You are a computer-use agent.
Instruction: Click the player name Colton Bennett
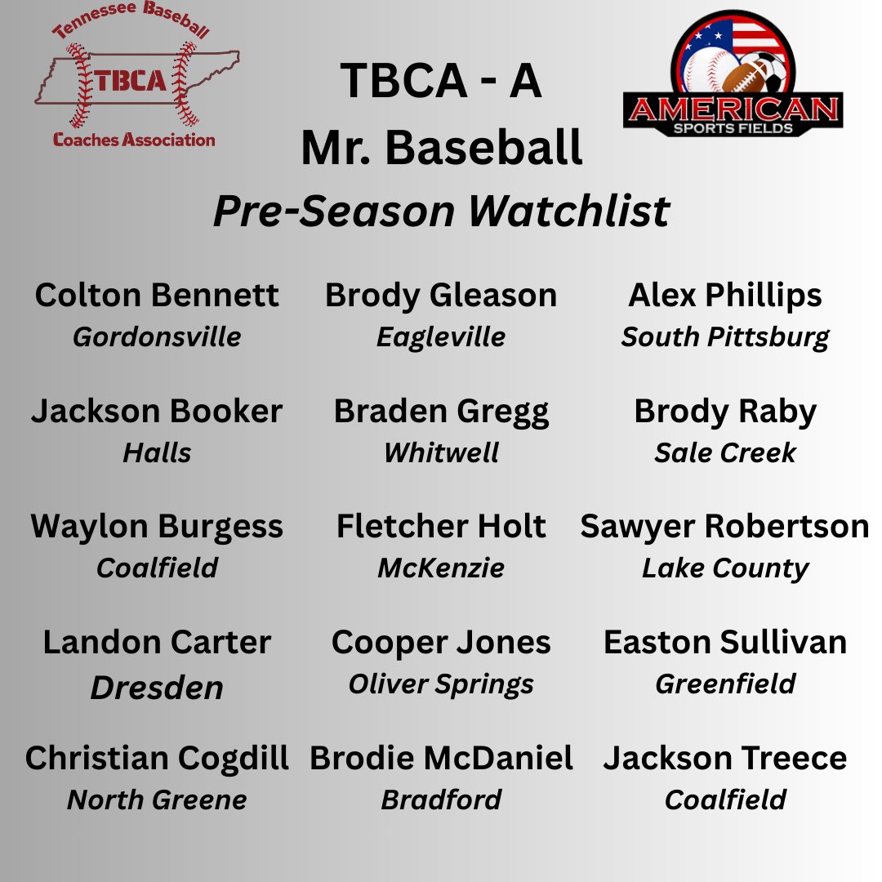(157, 296)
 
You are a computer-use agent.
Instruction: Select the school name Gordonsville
(157, 336)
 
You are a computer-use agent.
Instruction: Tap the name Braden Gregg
(441, 412)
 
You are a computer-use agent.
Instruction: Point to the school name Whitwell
(441, 452)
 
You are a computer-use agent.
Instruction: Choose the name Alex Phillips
(725, 296)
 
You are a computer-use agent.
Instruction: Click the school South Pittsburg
(725, 336)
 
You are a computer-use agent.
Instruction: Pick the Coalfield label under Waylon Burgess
(157, 568)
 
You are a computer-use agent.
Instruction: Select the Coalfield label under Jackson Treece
(725, 800)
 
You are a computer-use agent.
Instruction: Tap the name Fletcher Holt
(441, 527)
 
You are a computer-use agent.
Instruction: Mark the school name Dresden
(157, 688)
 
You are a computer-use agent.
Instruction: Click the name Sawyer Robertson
(725, 527)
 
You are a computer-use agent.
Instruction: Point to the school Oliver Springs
(441, 684)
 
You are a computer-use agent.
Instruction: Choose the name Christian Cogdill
(157, 759)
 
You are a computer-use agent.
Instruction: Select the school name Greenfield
(725, 684)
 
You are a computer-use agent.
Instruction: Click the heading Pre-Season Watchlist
(441, 212)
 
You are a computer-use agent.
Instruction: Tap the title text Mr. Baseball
(441, 149)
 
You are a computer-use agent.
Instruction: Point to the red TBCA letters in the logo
(130, 80)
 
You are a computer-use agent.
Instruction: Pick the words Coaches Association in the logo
(134, 140)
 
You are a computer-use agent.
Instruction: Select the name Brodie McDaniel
(441, 759)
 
